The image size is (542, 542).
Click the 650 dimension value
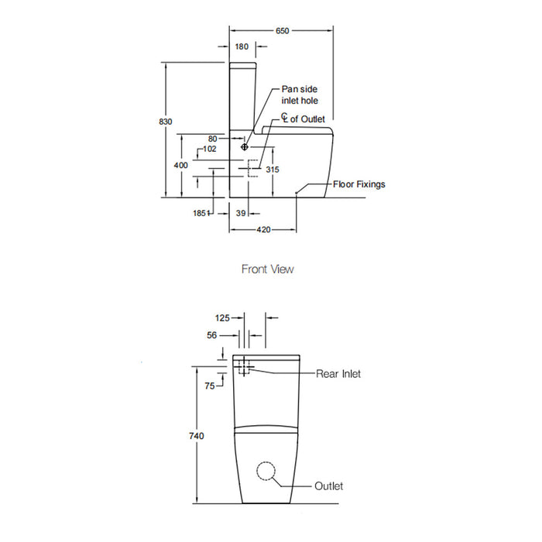[282, 31]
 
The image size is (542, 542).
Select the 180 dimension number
[242, 46]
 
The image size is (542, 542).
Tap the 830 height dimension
[166, 122]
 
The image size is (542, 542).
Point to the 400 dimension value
[180, 165]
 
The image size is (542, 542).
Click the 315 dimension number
[273, 170]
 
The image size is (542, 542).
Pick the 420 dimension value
[263, 230]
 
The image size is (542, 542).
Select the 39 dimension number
[241, 213]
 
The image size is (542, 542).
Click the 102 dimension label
[210, 149]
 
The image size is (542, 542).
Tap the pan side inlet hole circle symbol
[245, 147]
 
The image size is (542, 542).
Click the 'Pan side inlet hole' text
[300, 94]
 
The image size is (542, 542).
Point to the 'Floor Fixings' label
[359, 184]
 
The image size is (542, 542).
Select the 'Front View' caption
[268, 269]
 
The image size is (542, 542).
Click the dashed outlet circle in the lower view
[266, 471]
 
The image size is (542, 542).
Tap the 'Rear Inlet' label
[338, 374]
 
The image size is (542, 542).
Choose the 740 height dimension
[197, 436]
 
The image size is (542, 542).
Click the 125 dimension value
[222, 318]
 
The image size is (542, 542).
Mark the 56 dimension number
[212, 335]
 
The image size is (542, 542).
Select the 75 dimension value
[210, 386]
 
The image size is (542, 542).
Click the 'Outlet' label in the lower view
[329, 486]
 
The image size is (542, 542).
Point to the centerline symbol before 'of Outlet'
[284, 118]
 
